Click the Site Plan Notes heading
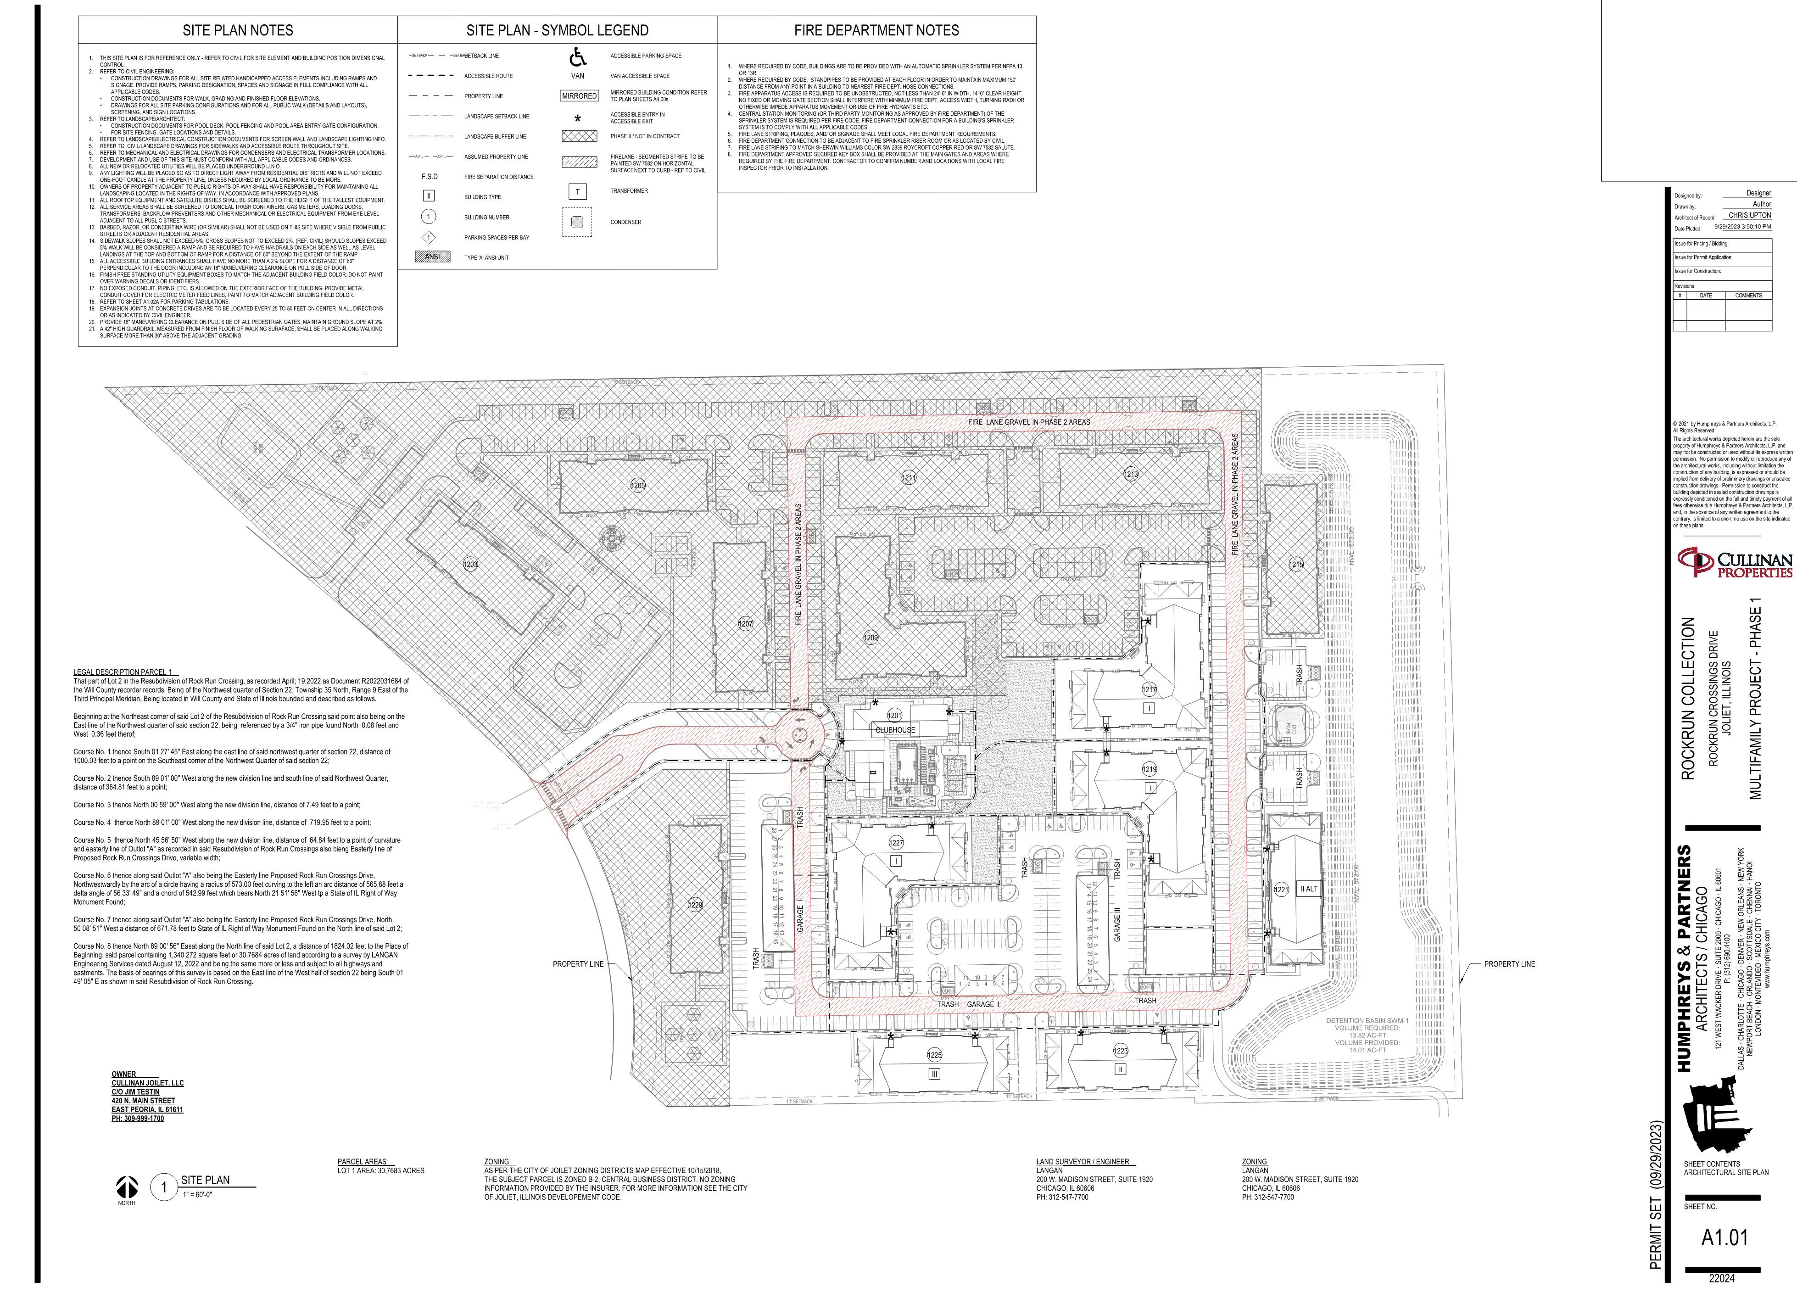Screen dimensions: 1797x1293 pyautogui.click(x=238, y=31)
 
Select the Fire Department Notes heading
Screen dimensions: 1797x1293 pyautogui.click(x=876, y=31)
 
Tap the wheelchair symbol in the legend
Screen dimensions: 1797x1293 pyautogui.click(x=578, y=57)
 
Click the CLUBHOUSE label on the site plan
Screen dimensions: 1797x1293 pyautogui.click(x=894, y=730)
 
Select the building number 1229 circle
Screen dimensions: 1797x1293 pyautogui.click(x=695, y=905)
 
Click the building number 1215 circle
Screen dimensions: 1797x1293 pyautogui.click(x=1295, y=565)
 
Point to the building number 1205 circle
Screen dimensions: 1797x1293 pyautogui.click(x=638, y=486)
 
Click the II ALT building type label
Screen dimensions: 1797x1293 pyautogui.click(x=1308, y=889)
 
